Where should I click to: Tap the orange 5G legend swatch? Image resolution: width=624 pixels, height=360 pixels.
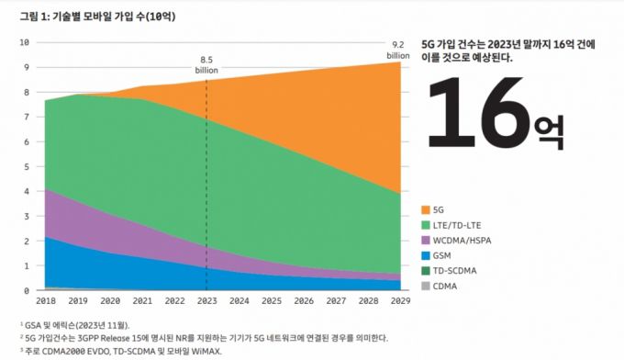click(x=425, y=209)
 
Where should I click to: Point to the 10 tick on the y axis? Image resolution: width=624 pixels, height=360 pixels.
click(x=25, y=42)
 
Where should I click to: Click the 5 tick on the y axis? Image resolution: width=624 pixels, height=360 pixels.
click(x=27, y=166)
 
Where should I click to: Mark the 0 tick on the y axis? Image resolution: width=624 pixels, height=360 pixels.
click(x=27, y=290)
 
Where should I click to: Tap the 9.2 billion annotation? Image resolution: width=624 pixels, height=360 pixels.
click(x=397, y=50)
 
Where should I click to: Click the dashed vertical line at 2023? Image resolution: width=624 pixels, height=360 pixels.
click(x=206, y=184)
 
